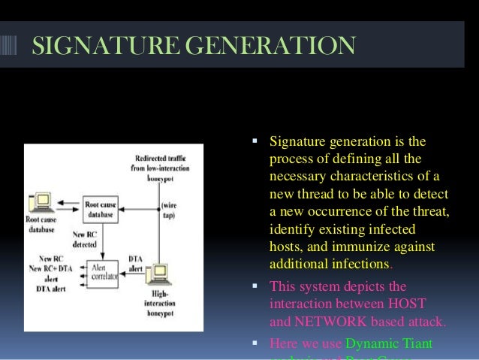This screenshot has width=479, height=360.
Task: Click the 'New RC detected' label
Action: (x=84, y=237)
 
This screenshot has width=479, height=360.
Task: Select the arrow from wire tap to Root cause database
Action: (x=140, y=204)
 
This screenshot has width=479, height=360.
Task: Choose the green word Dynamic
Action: (x=372, y=344)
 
